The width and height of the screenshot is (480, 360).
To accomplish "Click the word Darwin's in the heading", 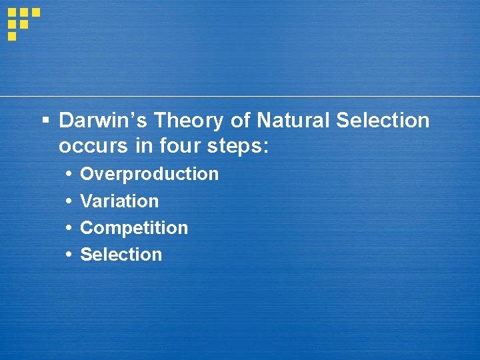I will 103,121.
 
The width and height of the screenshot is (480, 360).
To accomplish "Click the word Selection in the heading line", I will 383,121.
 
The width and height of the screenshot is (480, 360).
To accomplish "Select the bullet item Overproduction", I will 149,174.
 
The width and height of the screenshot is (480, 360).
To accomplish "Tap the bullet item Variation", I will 119,201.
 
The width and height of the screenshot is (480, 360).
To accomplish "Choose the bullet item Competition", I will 134,228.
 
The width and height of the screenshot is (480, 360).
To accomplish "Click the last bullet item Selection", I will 121,255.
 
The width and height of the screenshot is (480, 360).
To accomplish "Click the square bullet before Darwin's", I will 45,121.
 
